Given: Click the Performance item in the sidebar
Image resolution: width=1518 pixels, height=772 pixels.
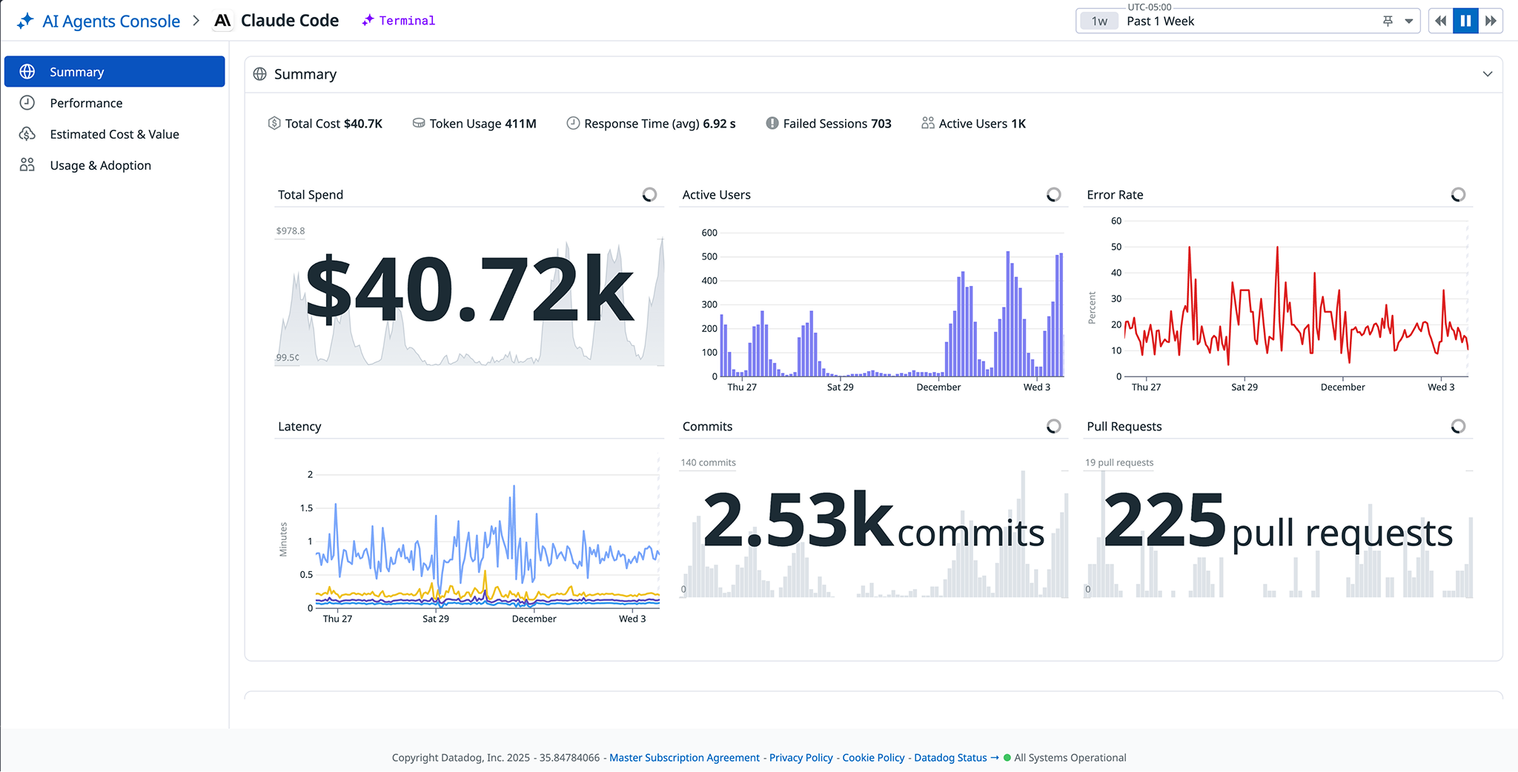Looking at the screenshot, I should click(86, 103).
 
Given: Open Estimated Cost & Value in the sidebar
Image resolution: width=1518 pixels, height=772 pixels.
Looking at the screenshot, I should click(114, 134).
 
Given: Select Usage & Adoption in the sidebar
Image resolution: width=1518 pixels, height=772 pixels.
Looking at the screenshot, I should click(100, 165).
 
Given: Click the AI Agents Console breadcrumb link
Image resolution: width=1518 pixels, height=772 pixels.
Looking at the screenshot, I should click(110, 21).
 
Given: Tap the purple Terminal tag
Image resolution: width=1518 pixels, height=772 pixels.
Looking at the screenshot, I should click(406, 21).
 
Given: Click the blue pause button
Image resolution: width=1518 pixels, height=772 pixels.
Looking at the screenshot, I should click(1465, 21).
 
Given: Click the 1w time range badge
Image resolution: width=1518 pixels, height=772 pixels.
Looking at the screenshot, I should click(1099, 21).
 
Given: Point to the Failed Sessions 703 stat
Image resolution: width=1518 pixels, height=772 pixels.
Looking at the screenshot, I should click(836, 124).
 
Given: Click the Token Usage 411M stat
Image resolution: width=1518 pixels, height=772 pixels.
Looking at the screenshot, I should click(482, 124).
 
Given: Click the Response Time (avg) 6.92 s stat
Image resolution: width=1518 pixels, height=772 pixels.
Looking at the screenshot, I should click(659, 124).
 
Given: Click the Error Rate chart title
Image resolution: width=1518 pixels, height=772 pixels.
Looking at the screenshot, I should click(1115, 195).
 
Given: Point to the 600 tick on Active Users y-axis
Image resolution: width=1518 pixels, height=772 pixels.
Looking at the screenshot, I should click(709, 233).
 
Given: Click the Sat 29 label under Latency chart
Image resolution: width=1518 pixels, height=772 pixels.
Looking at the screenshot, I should click(436, 619).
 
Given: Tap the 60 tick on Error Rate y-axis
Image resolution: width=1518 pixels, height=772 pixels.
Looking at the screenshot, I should click(1116, 221).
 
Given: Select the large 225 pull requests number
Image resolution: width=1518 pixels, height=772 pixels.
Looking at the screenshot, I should click(1164, 521).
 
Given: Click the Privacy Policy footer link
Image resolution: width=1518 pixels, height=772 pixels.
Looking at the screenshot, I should click(801, 757).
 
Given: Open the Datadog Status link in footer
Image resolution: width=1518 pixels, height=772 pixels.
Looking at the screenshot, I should click(950, 757).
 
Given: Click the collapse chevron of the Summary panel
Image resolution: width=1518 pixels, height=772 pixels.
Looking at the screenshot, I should click(1487, 74).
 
